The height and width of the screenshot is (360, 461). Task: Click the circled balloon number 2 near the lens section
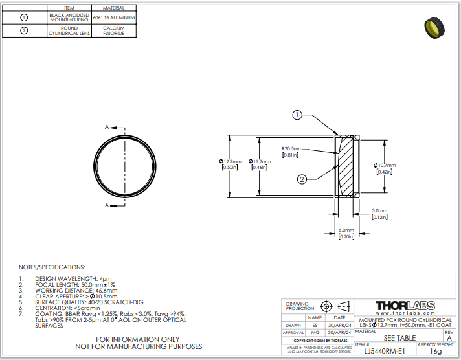click(302, 179)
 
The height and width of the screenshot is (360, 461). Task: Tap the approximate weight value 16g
click(436, 352)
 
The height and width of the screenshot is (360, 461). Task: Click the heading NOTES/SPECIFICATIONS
click(52, 267)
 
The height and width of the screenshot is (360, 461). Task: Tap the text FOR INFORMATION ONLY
click(138, 339)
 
